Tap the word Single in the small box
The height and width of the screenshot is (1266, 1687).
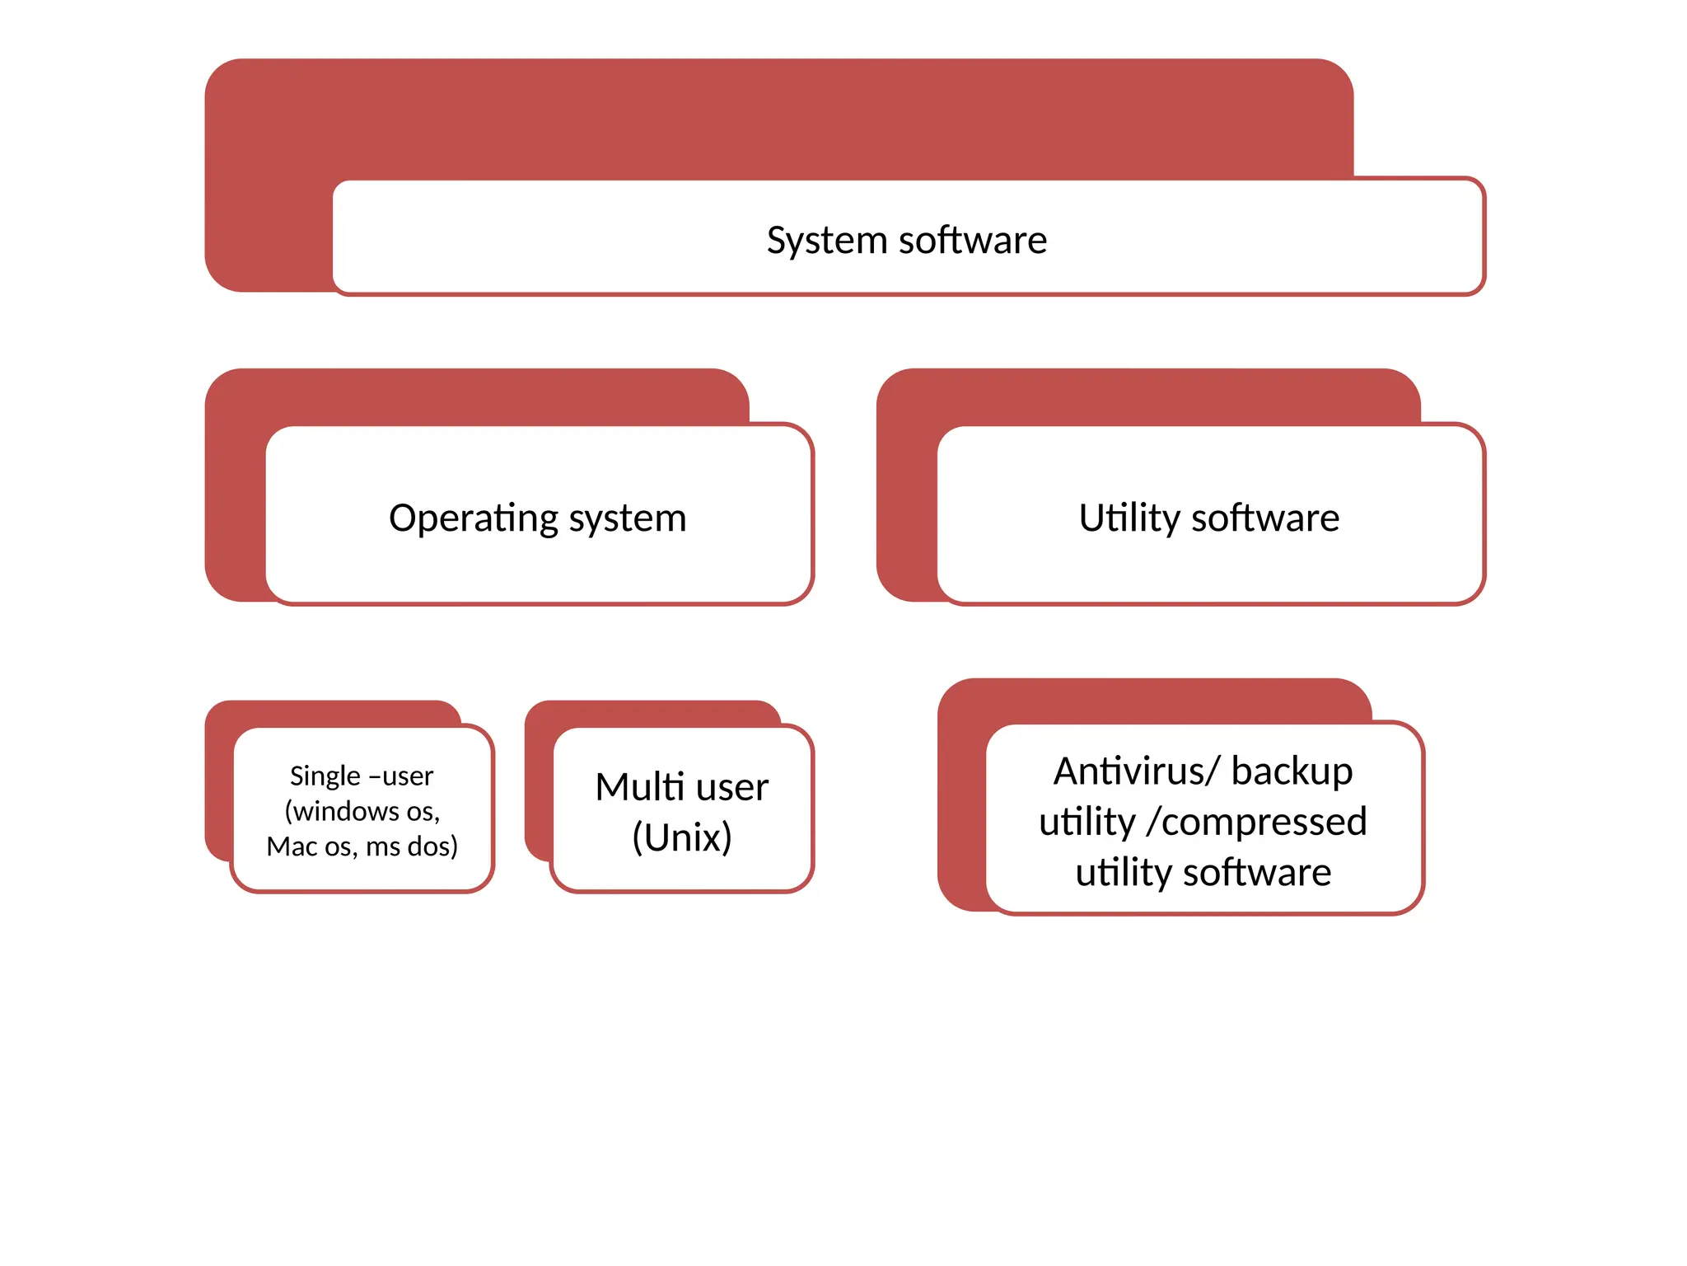point(325,776)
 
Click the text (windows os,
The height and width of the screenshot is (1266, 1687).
point(362,811)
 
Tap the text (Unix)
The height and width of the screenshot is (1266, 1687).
point(682,837)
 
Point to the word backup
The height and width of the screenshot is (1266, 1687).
point(1292,771)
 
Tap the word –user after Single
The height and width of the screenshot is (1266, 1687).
point(401,776)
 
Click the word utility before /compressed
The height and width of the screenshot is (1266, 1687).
point(1087,822)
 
